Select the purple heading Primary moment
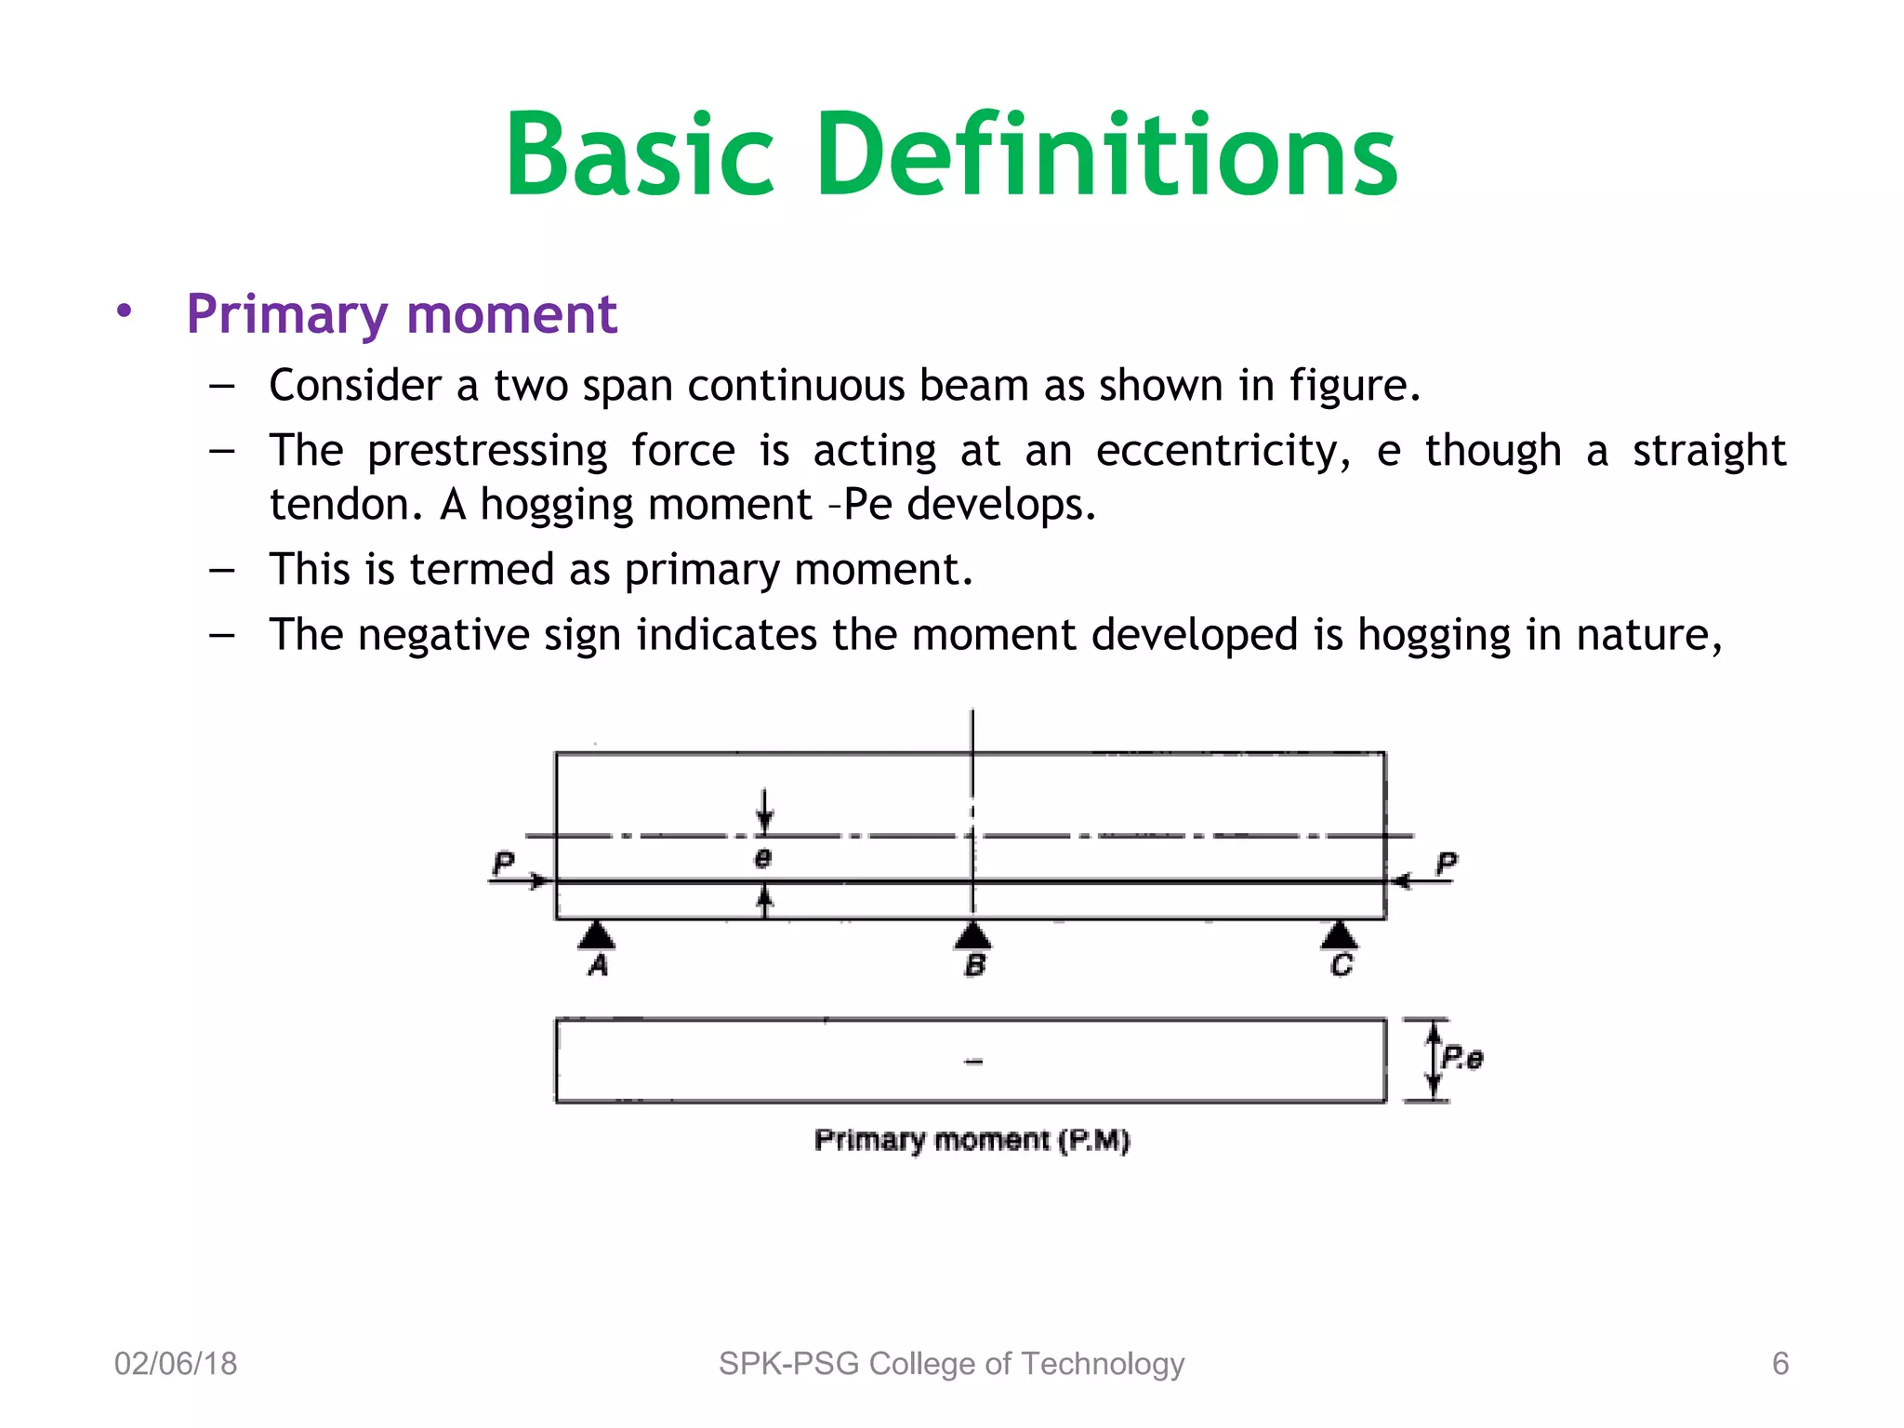click(x=401, y=314)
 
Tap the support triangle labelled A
click(x=597, y=935)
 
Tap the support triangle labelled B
click(x=972, y=935)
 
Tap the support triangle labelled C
click(x=1339, y=935)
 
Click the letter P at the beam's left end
click(x=503, y=863)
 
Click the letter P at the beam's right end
click(x=1446, y=863)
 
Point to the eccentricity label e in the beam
click(x=763, y=857)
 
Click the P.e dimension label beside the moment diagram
click(x=1461, y=1058)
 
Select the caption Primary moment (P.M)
click(x=972, y=1140)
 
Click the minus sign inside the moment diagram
click(x=973, y=1061)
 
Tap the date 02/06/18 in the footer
click(x=176, y=1364)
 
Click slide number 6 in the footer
click(x=1779, y=1364)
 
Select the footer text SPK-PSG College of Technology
click(x=951, y=1364)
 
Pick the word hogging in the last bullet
click(x=1434, y=636)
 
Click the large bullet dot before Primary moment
click(x=125, y=311)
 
